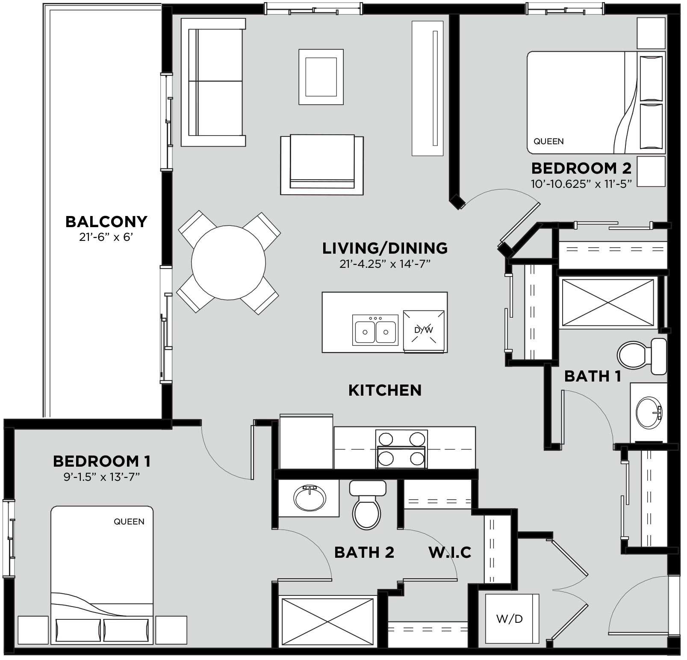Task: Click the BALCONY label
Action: [106, 222]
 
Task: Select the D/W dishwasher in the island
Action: [424, 330]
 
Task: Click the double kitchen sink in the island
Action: [375, 330]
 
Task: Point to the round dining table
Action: [228, 263]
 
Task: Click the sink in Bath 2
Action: [310, 498]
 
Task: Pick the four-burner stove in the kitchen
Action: [401, 448]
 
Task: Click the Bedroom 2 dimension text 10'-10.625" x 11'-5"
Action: [581, 183]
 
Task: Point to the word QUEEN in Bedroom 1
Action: [129, 521]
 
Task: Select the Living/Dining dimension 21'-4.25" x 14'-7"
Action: [384, 264]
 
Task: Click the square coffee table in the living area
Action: [321, 77]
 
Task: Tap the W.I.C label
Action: [450, 552]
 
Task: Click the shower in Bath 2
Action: [327, 622]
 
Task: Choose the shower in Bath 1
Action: [607, 303]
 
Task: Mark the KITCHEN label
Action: [385, 390]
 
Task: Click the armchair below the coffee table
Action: [322, 165]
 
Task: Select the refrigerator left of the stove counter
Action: [306, 442]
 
